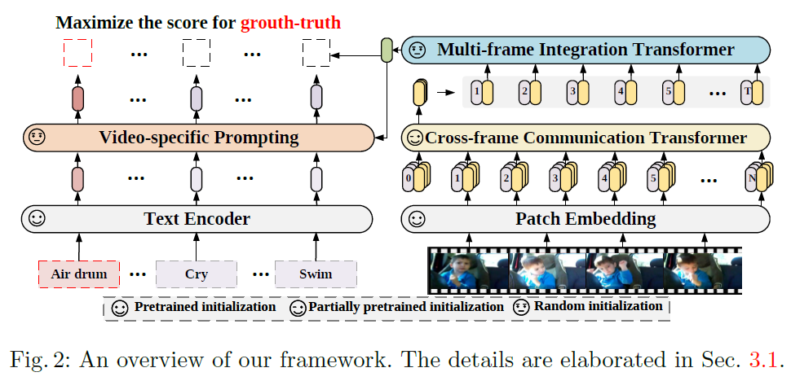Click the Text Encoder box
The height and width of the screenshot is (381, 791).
coord(197,219)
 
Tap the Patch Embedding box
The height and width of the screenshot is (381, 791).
coord(585,219)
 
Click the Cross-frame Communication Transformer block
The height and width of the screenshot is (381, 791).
coord(586,138)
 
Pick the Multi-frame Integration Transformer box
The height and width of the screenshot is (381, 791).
coord(586,50)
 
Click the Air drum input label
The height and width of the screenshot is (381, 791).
coord(79,274)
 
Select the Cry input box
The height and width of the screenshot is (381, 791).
coord(197,274)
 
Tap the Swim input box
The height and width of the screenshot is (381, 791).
coord(316,274)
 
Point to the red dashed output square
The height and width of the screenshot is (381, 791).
coord(78,54)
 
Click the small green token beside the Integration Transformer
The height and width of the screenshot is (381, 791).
coord(387,51)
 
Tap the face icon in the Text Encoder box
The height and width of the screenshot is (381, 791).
coord(37,219)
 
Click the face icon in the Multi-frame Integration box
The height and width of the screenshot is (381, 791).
coord(417,50)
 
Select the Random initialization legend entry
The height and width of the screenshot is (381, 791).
coord(587,307)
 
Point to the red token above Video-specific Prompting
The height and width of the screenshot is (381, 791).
coord(78,99)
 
